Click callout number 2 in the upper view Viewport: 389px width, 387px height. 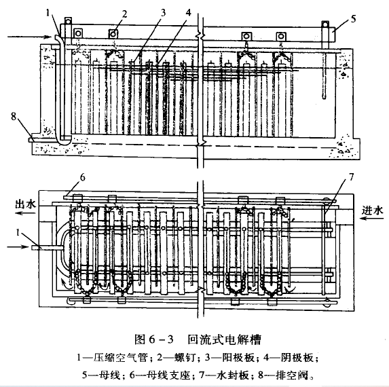[124, 15]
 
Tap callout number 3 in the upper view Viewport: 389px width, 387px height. [163, 13]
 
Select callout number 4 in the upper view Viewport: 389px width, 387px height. [189, 12]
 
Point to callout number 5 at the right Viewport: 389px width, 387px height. [353, 19]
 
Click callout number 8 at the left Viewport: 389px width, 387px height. [14, 116]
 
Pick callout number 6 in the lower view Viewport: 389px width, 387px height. [83, 178]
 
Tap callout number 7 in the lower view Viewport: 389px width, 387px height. [351, 177]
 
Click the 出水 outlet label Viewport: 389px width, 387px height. [25, 204]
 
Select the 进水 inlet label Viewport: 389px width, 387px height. [372, 210]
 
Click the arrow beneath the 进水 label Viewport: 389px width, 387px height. [371, 219]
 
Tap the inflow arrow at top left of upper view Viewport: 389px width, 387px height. [29, 37]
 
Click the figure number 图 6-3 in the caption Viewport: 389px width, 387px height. [154, 339]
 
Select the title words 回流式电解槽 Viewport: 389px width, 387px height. [224, 339]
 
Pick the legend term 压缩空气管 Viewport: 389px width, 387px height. [120, 358]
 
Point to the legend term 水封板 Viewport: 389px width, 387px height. [232, 375]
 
